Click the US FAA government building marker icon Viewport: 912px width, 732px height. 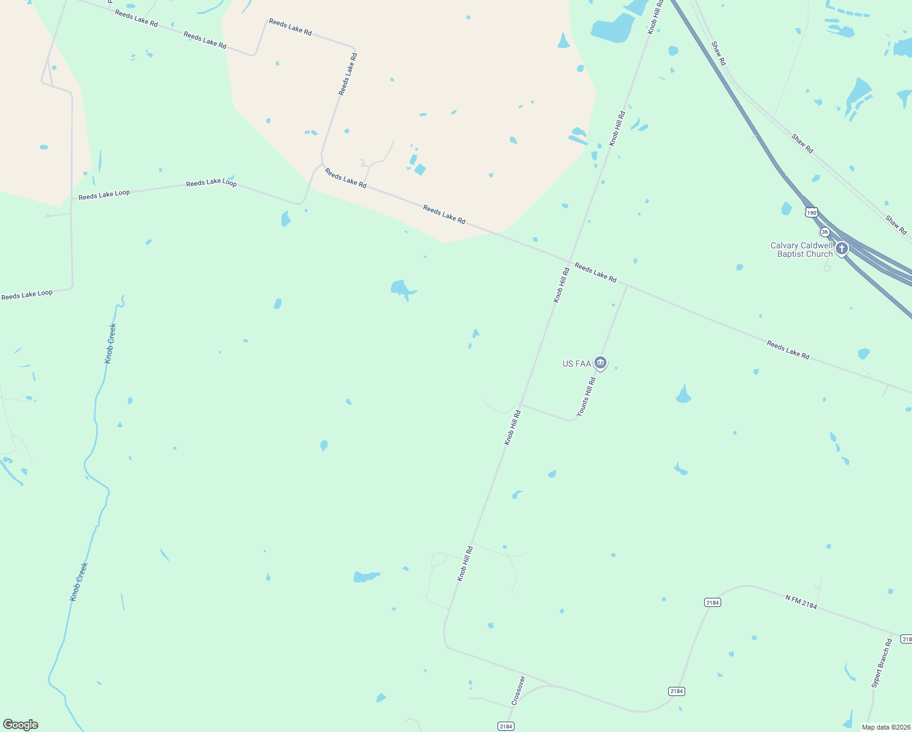600,364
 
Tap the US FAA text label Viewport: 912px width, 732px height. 576,364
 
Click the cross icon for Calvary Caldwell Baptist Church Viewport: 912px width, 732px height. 842,248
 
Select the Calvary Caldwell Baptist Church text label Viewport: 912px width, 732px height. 801,250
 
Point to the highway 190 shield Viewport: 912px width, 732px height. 811,212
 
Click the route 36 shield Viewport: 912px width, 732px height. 825,232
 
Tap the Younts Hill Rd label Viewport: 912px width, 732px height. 586,396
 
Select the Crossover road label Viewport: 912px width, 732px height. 518,691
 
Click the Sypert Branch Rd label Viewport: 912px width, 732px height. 882,663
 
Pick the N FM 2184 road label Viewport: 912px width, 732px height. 801,602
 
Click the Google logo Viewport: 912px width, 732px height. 20,725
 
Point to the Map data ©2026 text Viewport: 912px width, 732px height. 885,727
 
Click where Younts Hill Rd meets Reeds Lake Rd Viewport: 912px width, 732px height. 627,284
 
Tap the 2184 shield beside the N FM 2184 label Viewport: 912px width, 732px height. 712,602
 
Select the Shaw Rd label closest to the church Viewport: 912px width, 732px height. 896,224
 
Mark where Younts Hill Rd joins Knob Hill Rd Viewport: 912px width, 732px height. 520,404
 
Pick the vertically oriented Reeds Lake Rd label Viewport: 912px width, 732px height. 348,74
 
